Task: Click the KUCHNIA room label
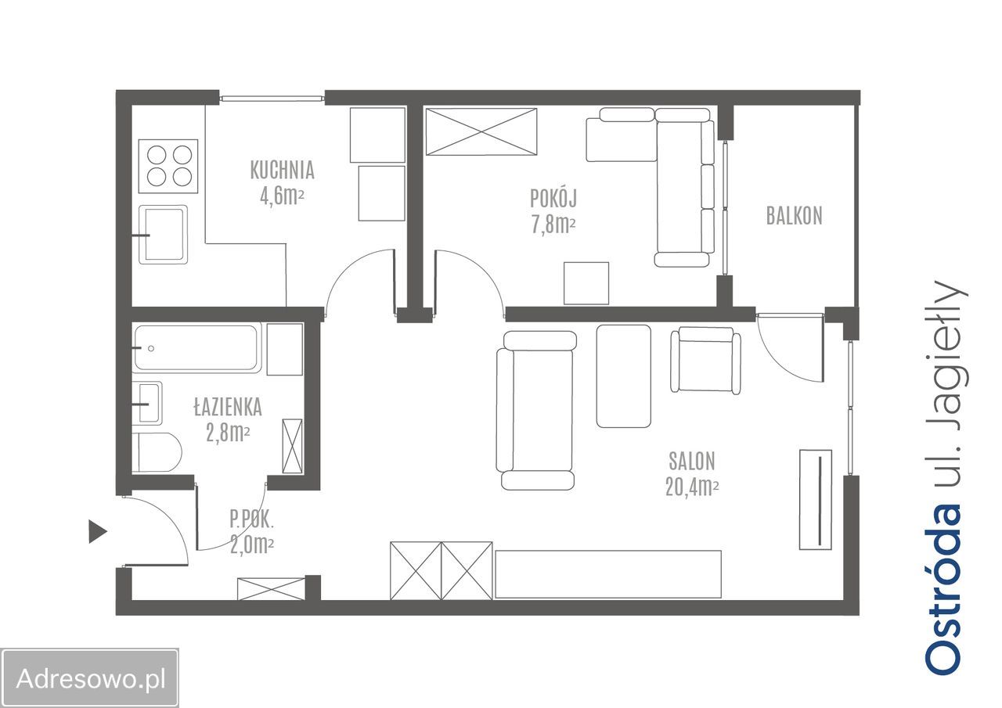(282, 171)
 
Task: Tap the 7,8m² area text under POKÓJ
(553, 225)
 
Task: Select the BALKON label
(794, 216)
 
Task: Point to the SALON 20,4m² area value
(692, 487)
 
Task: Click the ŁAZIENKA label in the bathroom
(228, 407)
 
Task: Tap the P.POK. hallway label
(251, 519)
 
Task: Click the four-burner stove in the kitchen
(168, 167)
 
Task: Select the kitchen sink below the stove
(163, 235)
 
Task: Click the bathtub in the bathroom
(197, 348)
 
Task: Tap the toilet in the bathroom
(157, 452)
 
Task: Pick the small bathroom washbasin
(148, 404)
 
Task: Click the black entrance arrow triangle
(98, 532)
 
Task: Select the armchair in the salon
(705, 360)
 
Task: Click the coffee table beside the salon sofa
(624, 376)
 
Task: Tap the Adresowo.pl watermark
(91, 678)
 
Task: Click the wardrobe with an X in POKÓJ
(481, 132)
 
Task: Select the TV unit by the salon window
(816, 500)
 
